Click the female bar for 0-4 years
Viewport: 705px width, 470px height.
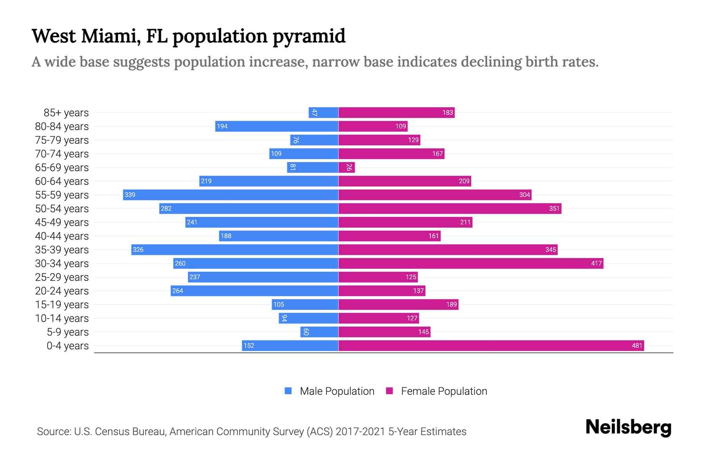pyautogui.click(x=491, y=345)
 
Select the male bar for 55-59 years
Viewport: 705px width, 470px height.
pyautogui.click(x=231, y=195)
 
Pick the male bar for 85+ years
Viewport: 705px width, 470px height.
pyautogui.click(x=324, y=112)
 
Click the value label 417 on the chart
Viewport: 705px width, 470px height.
pyautogui.click(x=596, y=263)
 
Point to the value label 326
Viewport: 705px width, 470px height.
pyautogui.click(x=138, y=249)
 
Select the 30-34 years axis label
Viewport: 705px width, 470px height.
pyautogui.click(x=62, y=264)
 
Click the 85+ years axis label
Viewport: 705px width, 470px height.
pyautogui.click(x=66, y=113)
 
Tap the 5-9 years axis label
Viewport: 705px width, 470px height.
pyautogui.click(x=68, y=332)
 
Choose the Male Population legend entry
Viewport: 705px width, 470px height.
pyautogui.click(x=337, y=391)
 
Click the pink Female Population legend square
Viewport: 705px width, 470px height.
pyautogui.click(x=389, y=391)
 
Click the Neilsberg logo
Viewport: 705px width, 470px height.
pyautogui.click(x=628, y=427)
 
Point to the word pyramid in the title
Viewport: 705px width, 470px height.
pyautogui.click(x=309, y=36)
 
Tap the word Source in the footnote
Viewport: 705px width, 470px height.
pyautogui.click(x=54, y=432)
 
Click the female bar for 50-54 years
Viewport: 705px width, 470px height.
pyautogui.click(x=450, y=208)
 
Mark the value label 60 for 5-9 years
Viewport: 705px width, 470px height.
pyautogui.click(x=306, y=332)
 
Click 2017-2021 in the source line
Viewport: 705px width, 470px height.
pyautogui.click(x=360, y=432)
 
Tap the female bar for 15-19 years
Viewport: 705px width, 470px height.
pyautogui.click(x=398, y=304)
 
